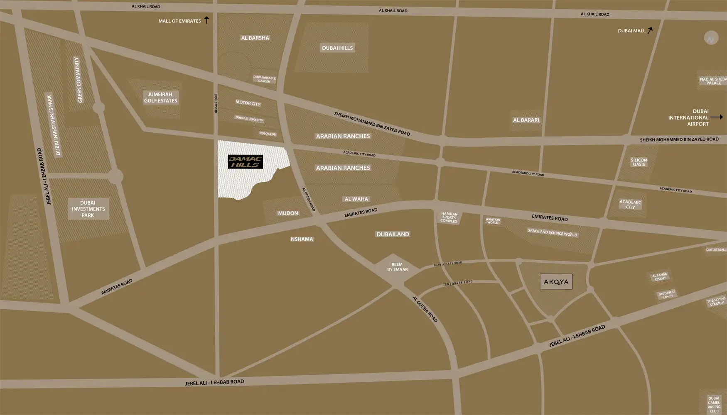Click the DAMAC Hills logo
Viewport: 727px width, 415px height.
pyautogui.click(x=245, y=162)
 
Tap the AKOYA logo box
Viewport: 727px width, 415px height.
pyautogui.click(x=556, y=282)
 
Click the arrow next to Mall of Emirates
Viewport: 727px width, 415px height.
pyautogui.click(x=206, y=20)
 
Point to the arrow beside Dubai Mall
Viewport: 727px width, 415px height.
pyautogui.click(x=650, y=30)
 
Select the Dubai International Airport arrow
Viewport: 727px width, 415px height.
pyautogui.click(x=716, y=117)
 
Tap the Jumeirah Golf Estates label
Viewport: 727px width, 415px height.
pyautogui.click(x=160, y=98)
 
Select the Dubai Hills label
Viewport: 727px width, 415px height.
pyautogui.click(x=337, y=48)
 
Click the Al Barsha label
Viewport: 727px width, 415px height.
pyautogui.click(x=255, y=38)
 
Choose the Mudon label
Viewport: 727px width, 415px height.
pyautogui.click(x=288, y=213)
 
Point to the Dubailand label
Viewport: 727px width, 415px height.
pyautogui.click(x=393, y=234)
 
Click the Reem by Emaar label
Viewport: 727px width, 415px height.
pyautogui.click(x=397, y=267)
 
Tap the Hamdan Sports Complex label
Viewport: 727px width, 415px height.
pyautogui.click(x=449, y=217)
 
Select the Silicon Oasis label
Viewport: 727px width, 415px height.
pyautogui.click(x=639, y=162)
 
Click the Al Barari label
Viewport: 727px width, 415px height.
pyautogui.click(x=526, y=120)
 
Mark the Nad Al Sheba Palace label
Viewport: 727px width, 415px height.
pyautogui.click(x=713, y=81)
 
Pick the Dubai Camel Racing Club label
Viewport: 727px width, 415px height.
pyautogui.click(x=714, y=405)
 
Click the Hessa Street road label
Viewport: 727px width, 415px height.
pyautogui.click(x=216, y=103)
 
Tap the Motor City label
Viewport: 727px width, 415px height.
pyautogui.click(x=248, y=103)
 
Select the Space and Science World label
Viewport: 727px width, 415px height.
pyautogui.click(x=552, y=232)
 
